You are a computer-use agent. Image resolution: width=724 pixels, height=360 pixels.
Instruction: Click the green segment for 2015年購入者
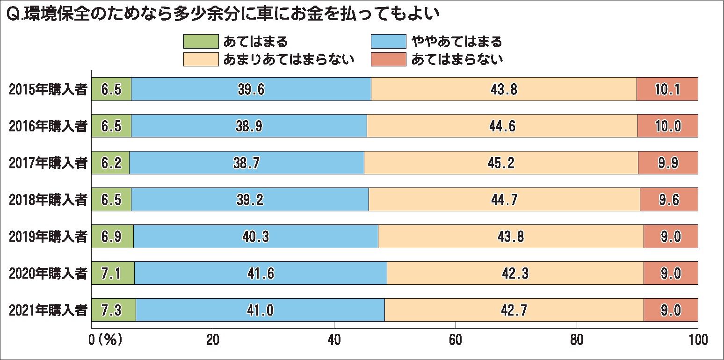[111, 89]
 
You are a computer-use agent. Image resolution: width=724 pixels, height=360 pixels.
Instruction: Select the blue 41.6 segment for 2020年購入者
[261, 273]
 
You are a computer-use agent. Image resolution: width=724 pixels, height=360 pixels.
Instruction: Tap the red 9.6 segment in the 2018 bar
[669, 200]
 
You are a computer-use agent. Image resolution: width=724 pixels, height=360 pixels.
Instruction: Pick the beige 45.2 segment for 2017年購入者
[501, 163]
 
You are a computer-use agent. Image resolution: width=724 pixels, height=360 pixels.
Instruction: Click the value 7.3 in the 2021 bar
[111, 310]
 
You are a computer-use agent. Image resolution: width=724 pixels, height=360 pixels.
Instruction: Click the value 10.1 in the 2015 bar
[667, 89]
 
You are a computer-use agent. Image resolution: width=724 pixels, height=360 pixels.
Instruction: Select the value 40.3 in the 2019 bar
[255, 237]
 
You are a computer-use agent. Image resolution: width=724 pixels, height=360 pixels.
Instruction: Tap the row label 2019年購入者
[48, 237]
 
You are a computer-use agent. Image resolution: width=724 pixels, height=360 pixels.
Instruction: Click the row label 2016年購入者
[48, 126]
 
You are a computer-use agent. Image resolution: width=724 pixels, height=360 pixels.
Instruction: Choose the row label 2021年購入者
[48, 310]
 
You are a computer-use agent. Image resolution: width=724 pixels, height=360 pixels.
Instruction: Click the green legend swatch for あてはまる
[201, 42]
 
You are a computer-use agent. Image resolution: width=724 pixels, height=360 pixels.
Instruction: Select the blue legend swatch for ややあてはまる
[388, 42]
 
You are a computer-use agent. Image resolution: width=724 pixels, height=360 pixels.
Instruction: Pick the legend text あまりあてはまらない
[289, 59]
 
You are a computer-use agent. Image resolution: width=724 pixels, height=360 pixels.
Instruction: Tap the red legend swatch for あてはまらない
[388, 59]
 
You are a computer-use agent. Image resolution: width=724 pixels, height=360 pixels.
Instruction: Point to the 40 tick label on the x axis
[334, 340]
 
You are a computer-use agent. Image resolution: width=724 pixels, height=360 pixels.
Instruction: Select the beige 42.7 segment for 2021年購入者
[514, 310]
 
